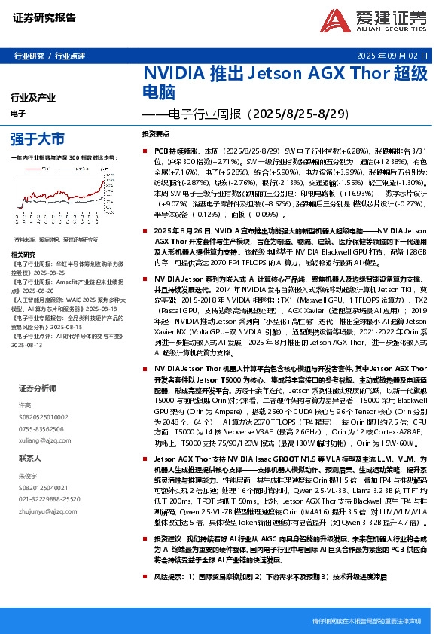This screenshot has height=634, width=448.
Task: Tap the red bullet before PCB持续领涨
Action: [148, 151]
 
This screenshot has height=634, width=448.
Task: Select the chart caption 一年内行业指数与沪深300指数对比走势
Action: [64, 157]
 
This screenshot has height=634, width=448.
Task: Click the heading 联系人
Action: [30, 458]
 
